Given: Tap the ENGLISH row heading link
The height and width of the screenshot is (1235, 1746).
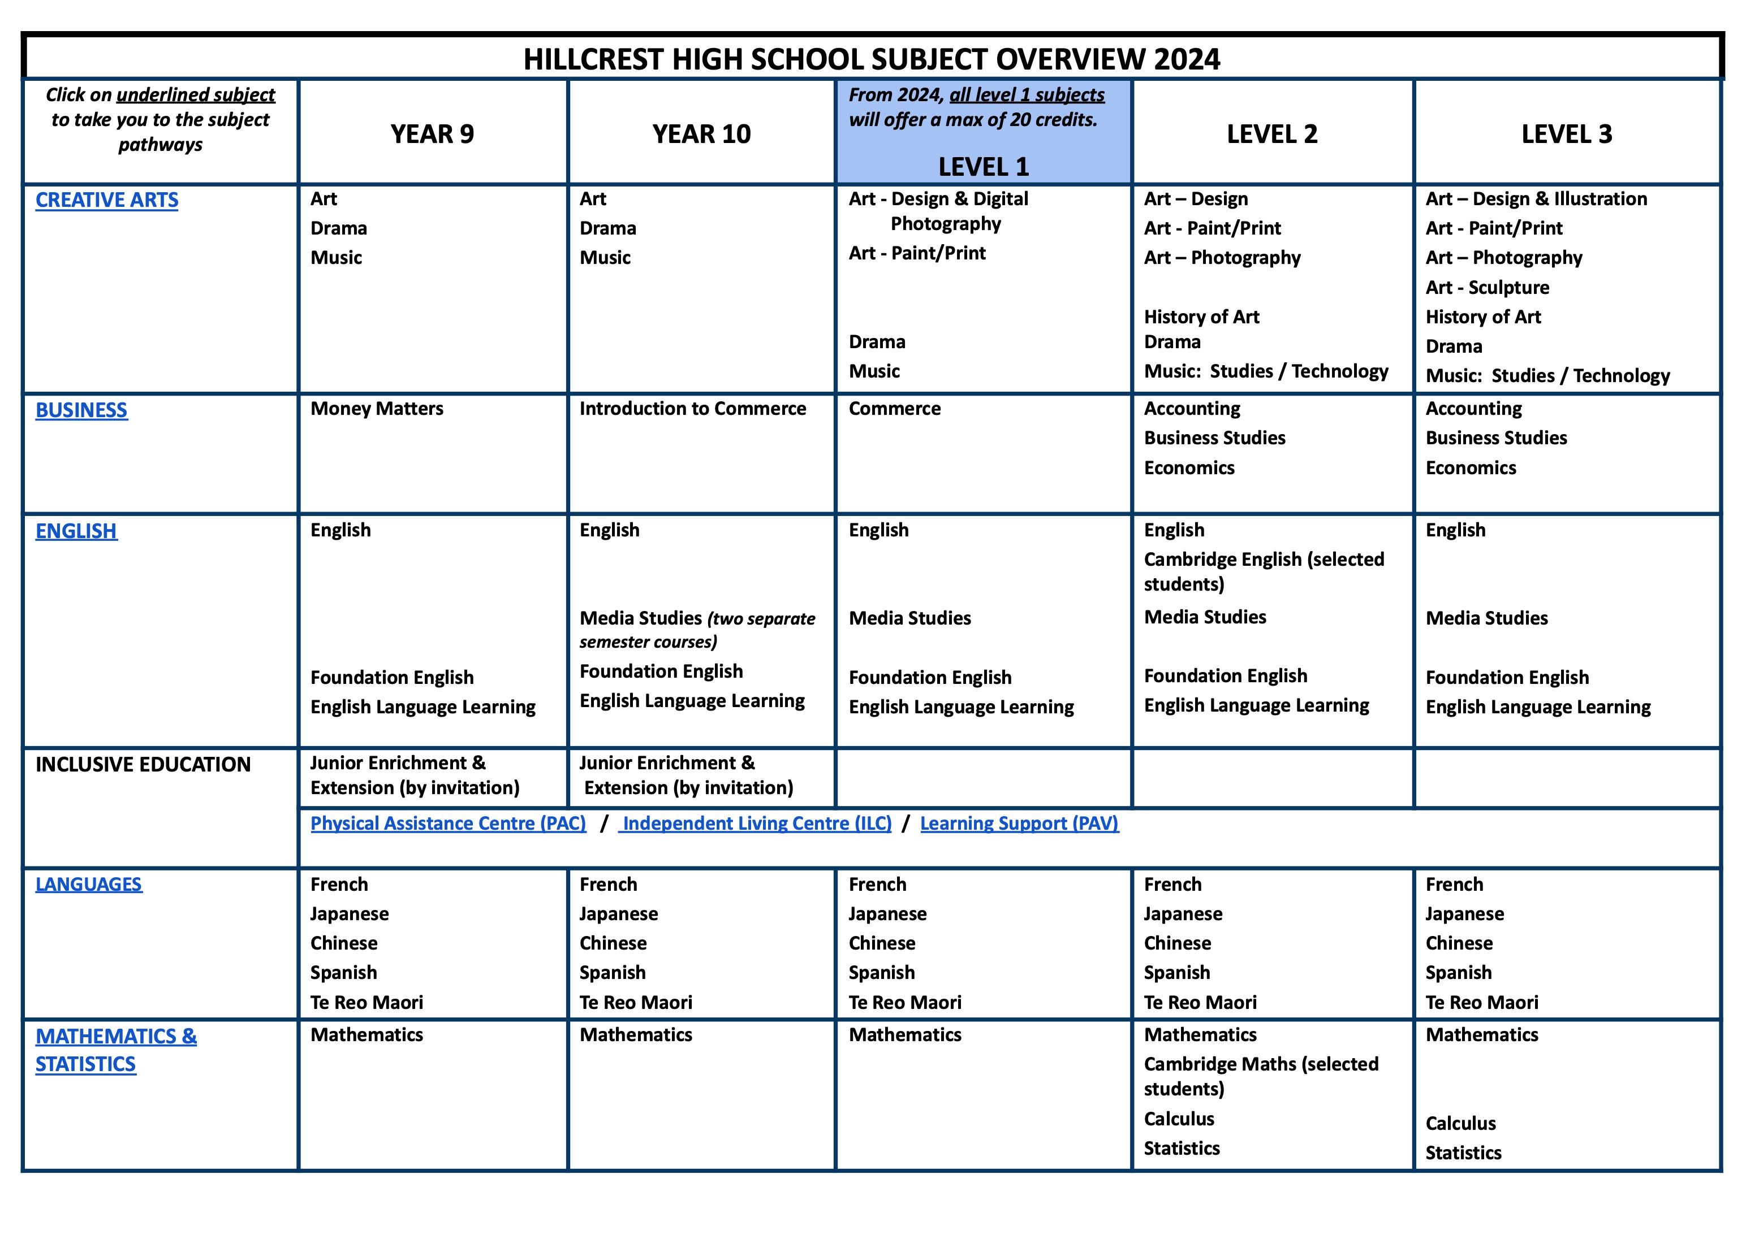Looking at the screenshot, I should point(76,531).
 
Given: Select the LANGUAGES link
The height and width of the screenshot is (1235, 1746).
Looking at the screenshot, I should point(88,885).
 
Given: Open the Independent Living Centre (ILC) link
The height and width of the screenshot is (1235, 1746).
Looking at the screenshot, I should point(756,824).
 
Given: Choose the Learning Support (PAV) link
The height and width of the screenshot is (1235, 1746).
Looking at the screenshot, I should point(1019,824).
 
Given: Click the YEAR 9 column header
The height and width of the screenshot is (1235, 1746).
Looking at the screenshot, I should point(432,134).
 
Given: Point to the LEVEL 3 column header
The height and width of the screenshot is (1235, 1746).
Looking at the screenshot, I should point(1567,134).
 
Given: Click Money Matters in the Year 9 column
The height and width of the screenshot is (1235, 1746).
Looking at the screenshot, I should point(377,409).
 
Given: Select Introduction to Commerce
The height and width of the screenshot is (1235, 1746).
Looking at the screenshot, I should point(692,409).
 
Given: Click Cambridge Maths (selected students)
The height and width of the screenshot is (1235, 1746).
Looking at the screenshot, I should point(1261,1075).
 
